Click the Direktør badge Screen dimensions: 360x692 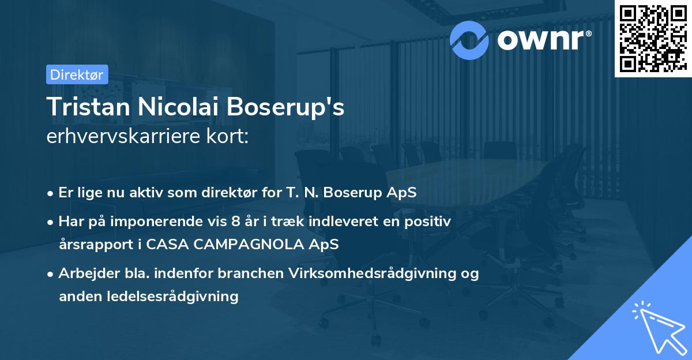(77, 74)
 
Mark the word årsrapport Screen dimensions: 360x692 (92, 244)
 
